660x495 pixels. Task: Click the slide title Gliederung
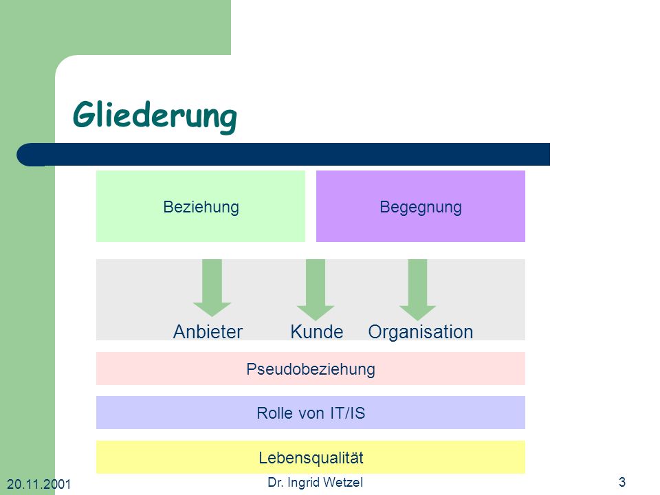[x=155, y=115]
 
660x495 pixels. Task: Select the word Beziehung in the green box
[x=201, y=207]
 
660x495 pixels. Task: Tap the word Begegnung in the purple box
[x=421, y=207]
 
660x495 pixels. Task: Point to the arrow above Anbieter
[x=212, y=288]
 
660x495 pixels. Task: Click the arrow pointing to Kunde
[x=316, y=289]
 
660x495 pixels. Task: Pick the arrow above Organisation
[x=417, y=289]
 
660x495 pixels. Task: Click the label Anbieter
[x=208, y=331]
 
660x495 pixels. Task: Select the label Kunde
[x=316, y=331]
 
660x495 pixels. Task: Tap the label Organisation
[x=421, y=331]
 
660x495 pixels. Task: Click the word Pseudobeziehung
[x=311, y=369]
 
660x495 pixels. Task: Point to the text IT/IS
[x=347, y=413]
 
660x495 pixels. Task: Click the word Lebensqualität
[x=311, y=458]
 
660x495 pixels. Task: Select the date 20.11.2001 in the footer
[x=38, y=484]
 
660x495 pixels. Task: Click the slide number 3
[x=622, y=481]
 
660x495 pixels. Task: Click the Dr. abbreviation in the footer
[x=276, y=482]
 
